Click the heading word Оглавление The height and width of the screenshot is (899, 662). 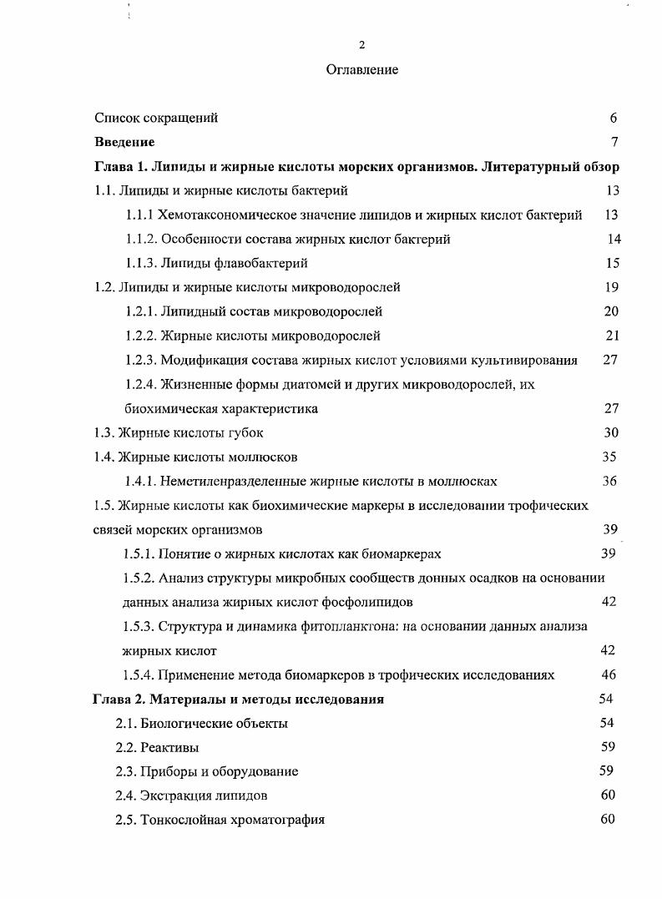pos(361,70)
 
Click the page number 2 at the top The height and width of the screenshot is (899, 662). pos(361,45)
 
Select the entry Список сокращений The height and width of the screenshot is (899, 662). pos(156,119)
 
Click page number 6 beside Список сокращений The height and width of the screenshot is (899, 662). pos(613,119)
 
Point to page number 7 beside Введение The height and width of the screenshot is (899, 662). pos(614,143)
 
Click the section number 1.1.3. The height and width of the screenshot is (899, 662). pos(143,264)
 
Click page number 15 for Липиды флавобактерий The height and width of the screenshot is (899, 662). pos(612,264)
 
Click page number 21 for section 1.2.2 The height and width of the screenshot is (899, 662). pos(611,336)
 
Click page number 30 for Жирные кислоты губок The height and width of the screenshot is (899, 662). pos(610,433)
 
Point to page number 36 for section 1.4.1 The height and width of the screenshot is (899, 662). pos(609,482)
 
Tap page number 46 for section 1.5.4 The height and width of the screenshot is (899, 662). pos(609,675)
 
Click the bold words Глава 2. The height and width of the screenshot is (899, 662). pos(120,700)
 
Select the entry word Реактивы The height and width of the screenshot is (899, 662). pos(169,748)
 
